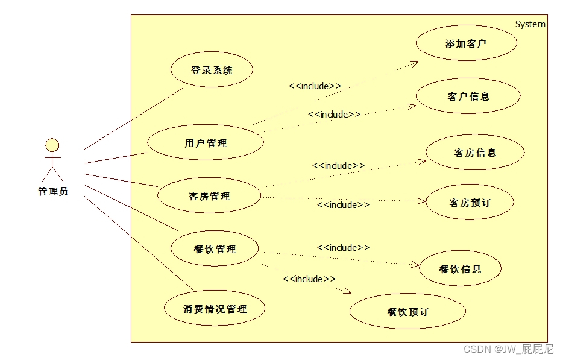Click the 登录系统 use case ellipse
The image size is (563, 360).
(212, 70)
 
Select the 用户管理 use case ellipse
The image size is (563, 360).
(206, 143)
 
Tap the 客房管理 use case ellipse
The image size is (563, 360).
(209, 196)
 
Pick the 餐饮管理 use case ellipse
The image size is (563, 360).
(215, 249)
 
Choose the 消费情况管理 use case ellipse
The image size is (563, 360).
(215, 309)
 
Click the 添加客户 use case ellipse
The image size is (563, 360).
(465, 43)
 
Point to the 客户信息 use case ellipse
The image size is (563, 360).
(468, 96)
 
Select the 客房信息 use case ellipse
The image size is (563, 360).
(475, 153)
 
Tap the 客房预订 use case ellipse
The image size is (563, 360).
(470, 203)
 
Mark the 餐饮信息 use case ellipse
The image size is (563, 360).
(461, 269)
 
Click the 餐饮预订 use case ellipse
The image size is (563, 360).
(407, 312)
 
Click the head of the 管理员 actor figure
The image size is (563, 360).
(53, 145)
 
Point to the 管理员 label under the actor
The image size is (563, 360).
(53, 191)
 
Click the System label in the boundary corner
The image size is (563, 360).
(530, 24)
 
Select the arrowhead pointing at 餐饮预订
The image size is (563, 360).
(347, 292)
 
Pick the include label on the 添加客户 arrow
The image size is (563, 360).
(315, 86)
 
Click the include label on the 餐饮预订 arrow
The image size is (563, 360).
(309, 279)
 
